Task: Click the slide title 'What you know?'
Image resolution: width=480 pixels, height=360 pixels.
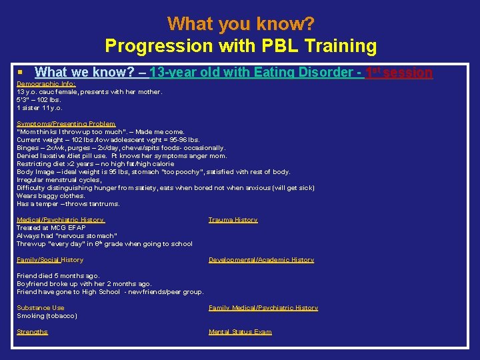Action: pos(241,24)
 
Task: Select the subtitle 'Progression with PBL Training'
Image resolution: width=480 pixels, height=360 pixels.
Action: pos(241,46)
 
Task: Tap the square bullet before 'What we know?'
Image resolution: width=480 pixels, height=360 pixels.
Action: pos(21,71)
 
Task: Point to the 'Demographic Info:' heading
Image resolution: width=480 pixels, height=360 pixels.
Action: pos(46,84)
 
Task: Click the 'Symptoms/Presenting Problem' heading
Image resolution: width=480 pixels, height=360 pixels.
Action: pos(66,124)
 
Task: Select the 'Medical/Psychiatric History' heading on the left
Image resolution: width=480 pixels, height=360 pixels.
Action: pos(60,220)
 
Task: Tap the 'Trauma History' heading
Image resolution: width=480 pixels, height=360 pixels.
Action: pos(233,220)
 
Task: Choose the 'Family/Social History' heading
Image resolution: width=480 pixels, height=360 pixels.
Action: pos(50,260)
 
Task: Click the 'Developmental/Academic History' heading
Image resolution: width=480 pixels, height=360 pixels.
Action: pos(261,260)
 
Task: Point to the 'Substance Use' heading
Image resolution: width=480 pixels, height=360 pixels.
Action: pos(41,308)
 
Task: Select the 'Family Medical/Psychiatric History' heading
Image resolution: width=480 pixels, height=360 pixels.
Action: pos(263,308)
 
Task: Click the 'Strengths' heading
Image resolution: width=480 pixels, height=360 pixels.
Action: pos(32,332)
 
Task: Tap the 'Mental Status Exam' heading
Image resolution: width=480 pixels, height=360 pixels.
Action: pos(240,332)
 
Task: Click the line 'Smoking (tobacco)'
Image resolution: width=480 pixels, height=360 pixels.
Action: pos(47,316)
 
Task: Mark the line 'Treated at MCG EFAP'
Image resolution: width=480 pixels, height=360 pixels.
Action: pos(51,228)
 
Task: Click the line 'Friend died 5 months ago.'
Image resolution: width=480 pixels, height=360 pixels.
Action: pos(58,276)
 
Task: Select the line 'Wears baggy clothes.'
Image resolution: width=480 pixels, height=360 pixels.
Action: pos(51,196)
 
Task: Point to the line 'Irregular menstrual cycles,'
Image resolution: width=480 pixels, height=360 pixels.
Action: pos(59,180)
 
